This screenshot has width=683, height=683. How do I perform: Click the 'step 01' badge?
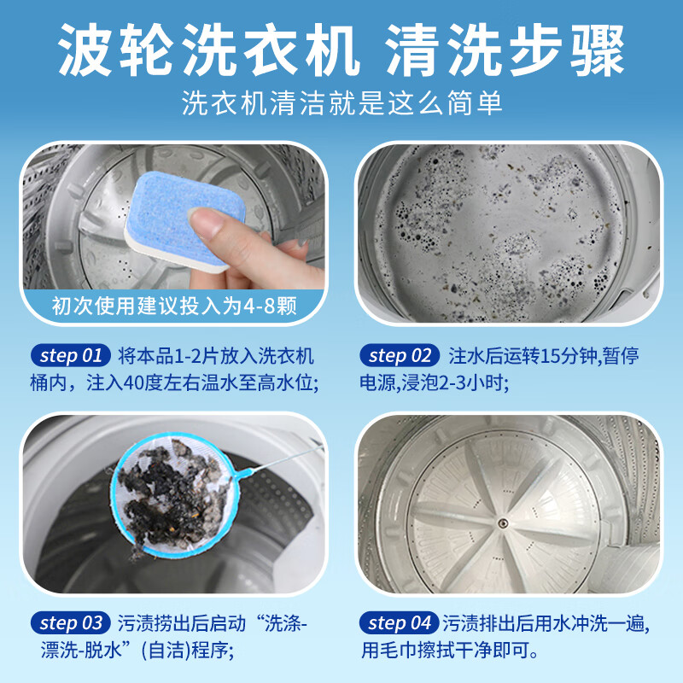(71, 356)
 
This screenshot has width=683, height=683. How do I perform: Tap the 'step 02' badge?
(400, 356)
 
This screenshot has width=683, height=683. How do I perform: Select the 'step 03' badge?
(71, 623)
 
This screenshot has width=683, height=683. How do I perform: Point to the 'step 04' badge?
(399, 623)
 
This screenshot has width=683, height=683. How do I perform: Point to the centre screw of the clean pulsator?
(503, 522)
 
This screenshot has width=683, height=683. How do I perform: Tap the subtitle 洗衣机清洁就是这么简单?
(342, 102)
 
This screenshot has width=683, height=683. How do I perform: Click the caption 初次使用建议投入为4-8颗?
(174, 306)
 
